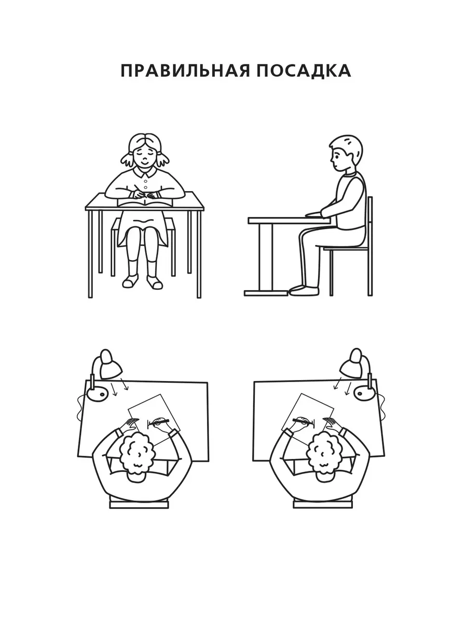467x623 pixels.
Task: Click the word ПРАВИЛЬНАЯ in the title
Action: coord(185,71)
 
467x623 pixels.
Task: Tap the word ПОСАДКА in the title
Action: coord(304,71)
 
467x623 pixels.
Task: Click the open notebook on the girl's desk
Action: coord(145,202)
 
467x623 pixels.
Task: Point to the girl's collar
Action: coord(145,171)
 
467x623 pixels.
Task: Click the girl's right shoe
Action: coord(154,283)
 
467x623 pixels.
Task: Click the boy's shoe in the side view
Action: coord(304,290)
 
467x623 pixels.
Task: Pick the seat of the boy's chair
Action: coord(346,248)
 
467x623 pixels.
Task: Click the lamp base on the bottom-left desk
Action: coord(97,394)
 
